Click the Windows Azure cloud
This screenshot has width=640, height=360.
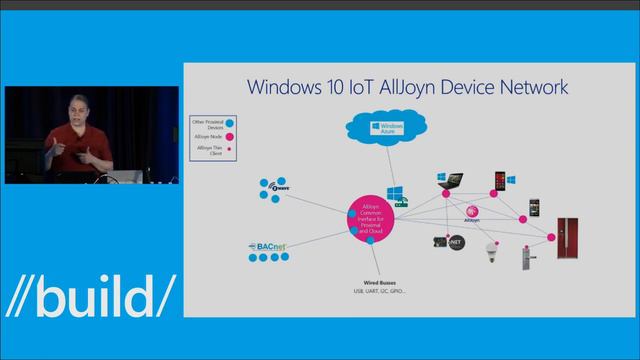click(384, 129)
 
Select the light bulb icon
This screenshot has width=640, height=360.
click(490, 249)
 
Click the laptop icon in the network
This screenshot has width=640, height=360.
click(449, 183)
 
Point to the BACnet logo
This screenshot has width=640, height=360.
click(269, 245)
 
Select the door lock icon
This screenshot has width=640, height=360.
click(521, 259)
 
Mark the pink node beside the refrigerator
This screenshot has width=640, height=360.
click(550, 237)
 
